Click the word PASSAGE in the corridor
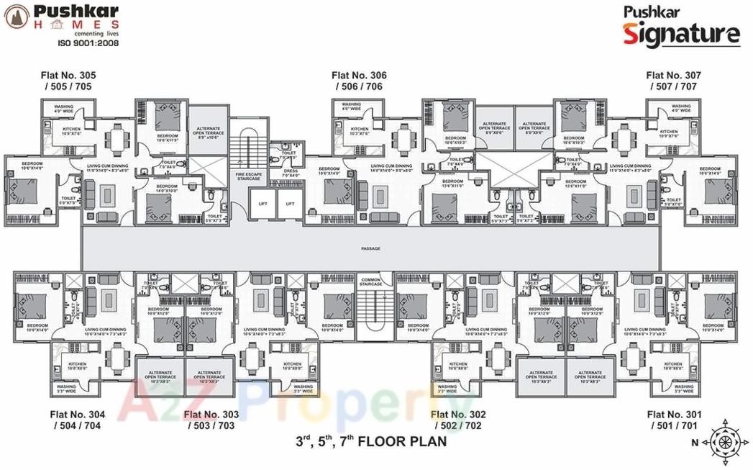click(x=370, y=248)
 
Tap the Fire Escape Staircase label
click(x=246, y=174)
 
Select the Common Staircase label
click(x=370, y=282)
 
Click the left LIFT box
click(x=263, y=204)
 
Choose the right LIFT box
click(x=290, y=204)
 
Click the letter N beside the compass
click(x=694, y=443)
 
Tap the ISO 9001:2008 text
click(x=88, y=42)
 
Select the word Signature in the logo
click(x=680, y=33)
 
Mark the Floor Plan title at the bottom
click(x=370, y=441)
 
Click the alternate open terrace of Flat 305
click(x=209, y=134)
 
